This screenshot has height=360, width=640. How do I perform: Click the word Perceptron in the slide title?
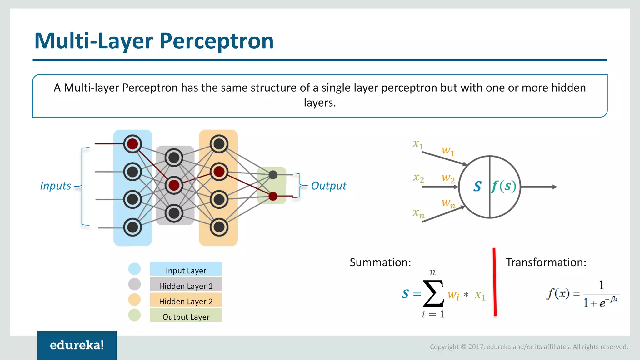pyautogui.click(x=217, y=41)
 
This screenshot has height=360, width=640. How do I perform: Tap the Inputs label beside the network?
pyautogui.click(x=56, y=186)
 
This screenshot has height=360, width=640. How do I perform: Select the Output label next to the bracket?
pyautogui.click(x=328, y=186)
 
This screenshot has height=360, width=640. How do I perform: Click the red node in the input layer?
pyautogui.click(x=132, y=144)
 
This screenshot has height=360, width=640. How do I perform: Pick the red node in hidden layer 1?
pyautogui.click(x=174, y=185)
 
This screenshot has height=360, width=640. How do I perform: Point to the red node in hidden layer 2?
pyautogui.click(x=219, y=172)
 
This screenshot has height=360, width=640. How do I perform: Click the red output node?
pyautogui.click(x=273, y=196)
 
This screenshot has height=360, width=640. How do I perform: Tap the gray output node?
pyautogui.click(x=273, y=175)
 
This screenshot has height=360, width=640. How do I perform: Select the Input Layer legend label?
pyautogui.click(x=186, y=270)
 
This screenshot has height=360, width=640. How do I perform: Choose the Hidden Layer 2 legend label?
pyautogui.click(x=186, y=301)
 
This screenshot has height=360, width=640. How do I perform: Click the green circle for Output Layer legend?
pyautogui.click(x=134, y=315)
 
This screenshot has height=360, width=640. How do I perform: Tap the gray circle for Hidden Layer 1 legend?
pyautogui.click(x=134, y=284)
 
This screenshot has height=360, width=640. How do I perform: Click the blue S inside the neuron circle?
pyautogui.click(x=477, y=187)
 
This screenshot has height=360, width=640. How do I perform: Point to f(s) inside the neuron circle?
pyautogui.click(x=503, y=186)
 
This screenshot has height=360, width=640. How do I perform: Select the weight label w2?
pyautogui.click(x=448, y=178)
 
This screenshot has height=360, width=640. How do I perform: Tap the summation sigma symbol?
pyautogui.click(x=433, y=294)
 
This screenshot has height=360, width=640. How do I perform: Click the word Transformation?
pyautogui.click(x=546, y=262)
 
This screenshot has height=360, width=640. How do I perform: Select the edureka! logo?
pyautogui.click(x=77, y=345)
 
